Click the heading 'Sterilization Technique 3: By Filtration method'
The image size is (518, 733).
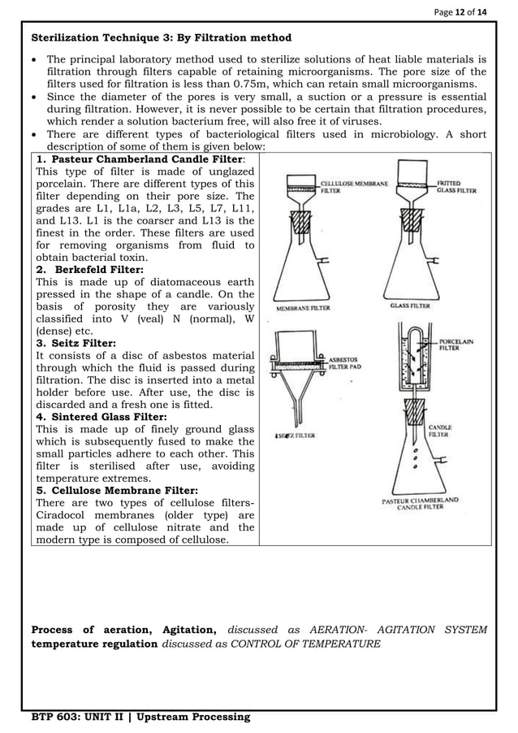161,38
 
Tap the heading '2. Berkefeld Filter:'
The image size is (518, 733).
90,269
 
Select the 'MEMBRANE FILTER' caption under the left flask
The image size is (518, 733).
303,308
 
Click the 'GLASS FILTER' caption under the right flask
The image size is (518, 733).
409,306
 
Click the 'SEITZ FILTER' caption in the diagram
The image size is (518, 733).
295,436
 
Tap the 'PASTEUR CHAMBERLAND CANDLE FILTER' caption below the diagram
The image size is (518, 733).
420,504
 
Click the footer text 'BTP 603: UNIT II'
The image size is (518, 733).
80,716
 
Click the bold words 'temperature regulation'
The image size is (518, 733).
94,644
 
